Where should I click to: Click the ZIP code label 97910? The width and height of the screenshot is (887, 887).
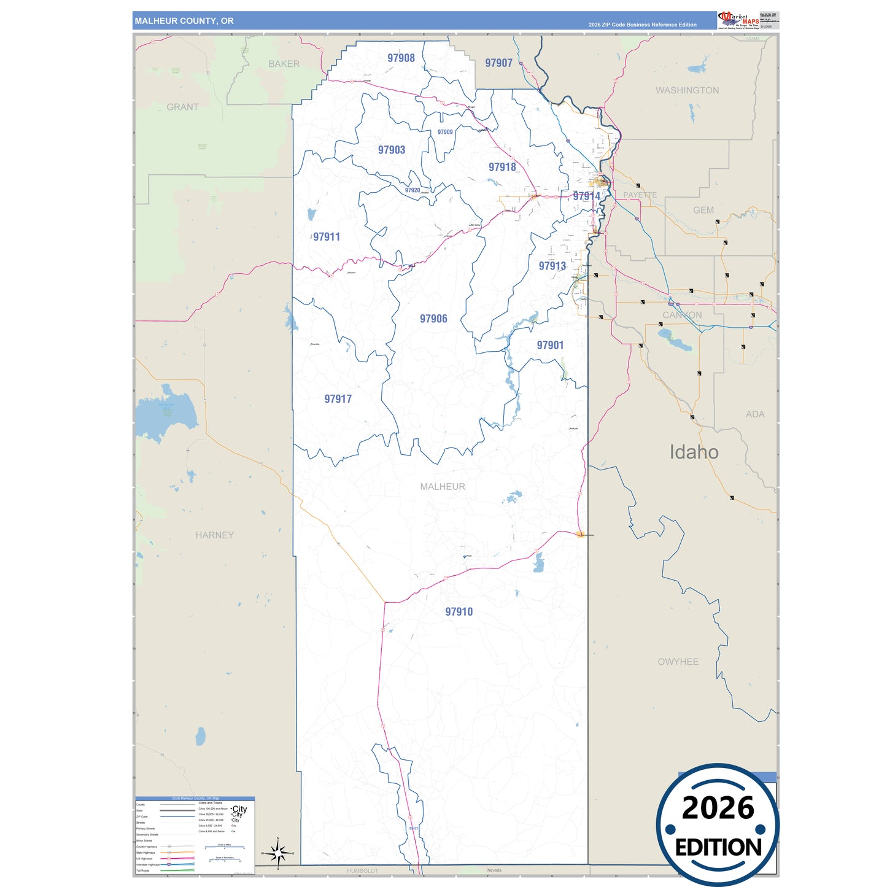[x=459, y=611]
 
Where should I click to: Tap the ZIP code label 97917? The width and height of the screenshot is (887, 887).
[x=338, y=399]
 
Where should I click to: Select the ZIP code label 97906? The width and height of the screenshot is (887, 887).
[x=433, y=319]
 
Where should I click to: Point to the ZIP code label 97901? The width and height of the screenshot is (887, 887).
[x=550, y=345]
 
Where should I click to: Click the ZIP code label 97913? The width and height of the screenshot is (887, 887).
[x=552, y=266]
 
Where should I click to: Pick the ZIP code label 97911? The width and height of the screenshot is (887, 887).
[x=326, y=237]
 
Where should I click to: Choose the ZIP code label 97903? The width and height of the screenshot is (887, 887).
[x=391, y=150]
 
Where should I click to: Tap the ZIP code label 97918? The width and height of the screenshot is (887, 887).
[x=502, y=167]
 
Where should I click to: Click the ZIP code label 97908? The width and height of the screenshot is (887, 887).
[x=401, y=58]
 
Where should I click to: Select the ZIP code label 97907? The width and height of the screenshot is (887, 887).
[x=498, y=63]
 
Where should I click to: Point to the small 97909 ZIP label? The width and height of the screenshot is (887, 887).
[x=445, y=132]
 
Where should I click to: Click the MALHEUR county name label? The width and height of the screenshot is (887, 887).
[x=443, y=486]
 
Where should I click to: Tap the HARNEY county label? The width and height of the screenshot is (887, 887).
[x=214, y=535]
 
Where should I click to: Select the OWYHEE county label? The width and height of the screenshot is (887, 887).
[x=678, y=662]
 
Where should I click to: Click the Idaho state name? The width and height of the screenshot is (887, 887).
[x=694, y=452]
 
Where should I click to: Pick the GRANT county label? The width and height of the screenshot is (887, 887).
[x=182, y=107]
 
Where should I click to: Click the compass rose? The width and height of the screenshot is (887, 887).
[x=278, y=853]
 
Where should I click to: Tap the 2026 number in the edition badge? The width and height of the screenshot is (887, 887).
[x=718, y=808]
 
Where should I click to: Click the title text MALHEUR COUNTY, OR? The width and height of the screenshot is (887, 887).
[x=184, y=21]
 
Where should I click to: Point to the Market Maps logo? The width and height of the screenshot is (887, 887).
[x=738, y=20]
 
